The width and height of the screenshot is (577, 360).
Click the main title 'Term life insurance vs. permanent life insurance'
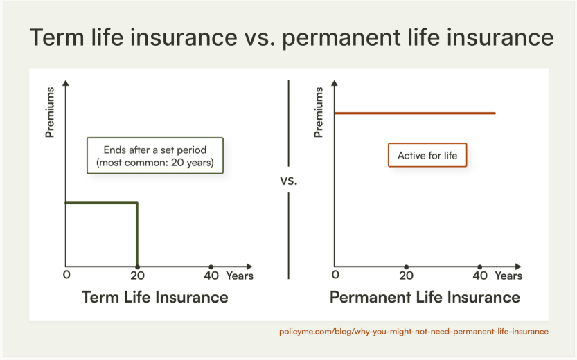(x=292, y=37)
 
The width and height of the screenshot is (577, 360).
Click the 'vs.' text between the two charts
(x=288, y=181)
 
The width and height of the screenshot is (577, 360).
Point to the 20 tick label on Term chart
(x=137, y=276)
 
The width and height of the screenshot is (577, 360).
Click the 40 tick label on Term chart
(x=211, y=276)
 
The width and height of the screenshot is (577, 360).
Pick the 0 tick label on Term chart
(x=66, y=275)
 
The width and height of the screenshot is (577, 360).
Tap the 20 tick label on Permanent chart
(x=406, y=276)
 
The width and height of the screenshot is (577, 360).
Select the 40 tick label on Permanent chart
(x=480, y=276)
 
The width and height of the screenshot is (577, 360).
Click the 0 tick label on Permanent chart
(x=335, y=275)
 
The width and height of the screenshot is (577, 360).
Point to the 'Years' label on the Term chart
(x=240, y=276)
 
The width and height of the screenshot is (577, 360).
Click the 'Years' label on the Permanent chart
(x=508, y=276)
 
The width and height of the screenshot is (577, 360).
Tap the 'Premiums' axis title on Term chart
(x=50, y=112)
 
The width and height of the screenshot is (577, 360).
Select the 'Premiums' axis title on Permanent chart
(x=319, y=112)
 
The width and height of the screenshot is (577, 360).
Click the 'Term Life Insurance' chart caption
(x=155, y=297)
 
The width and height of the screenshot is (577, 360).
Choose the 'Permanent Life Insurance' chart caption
(x=425, y=297)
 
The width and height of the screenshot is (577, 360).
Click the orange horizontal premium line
(x=415, y=114)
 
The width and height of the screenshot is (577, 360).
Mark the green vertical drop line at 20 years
(x=137, y=235)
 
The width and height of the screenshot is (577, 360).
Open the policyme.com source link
(x=414, y=332)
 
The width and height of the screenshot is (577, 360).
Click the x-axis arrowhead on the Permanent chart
(x=519, y=267)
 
